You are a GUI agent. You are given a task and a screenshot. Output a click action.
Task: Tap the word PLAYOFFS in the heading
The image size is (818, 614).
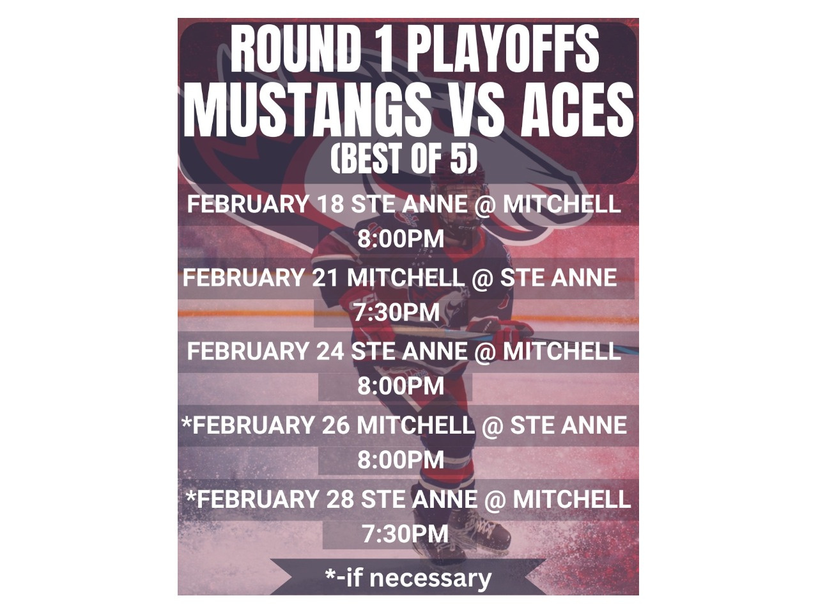click(503, 50)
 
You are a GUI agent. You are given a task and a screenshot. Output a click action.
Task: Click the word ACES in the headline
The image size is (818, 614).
click(578, 111)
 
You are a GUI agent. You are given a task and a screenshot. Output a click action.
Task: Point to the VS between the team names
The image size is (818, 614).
click(474, 111)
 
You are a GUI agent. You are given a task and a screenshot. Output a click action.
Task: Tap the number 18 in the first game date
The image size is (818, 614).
click(330, 204)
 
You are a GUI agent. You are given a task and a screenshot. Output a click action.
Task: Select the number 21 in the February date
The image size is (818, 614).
click(326, 278)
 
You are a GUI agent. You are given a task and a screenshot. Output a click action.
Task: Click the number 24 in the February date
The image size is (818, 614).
click(330, 352)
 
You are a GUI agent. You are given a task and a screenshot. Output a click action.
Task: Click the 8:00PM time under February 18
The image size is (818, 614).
click(401, 239)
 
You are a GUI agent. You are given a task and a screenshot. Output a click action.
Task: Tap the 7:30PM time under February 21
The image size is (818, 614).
click(396, 312)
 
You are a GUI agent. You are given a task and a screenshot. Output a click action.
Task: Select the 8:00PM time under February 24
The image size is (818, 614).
click(401, 386)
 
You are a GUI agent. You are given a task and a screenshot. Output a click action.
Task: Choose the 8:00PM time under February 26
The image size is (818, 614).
click(401, 460)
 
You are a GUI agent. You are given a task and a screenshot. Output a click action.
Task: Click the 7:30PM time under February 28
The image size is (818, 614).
click(405, 533)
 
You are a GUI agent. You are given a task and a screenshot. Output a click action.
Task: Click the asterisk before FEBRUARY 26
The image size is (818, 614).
click(187, 421)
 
